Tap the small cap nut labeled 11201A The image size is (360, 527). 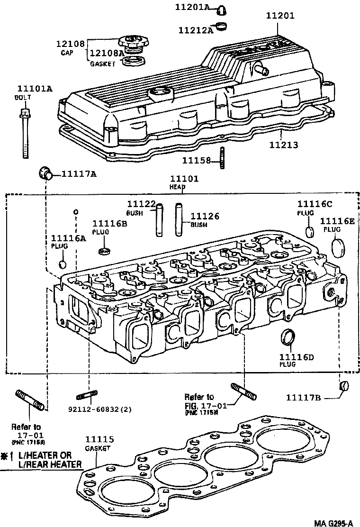[221, 9]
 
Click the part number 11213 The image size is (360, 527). [284, 145]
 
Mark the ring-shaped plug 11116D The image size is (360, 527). [288, 337]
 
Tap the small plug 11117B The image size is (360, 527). [344, 387]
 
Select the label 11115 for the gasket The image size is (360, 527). [100, 439]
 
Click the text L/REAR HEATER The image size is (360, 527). [50, 464]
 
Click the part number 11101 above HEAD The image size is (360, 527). [184, 179]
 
